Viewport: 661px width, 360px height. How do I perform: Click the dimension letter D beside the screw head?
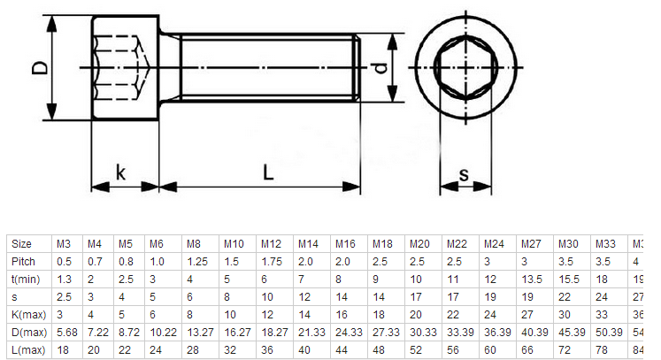(x=38, y=68)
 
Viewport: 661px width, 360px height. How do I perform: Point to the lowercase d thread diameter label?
(x=380, y=68)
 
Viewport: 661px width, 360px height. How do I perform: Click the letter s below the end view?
(x=465, y=174)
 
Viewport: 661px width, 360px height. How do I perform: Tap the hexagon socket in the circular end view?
(x=465, y=68)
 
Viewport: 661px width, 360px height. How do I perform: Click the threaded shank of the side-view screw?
(x=265, y=68)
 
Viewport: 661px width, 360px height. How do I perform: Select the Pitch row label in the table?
(x=24, y=262)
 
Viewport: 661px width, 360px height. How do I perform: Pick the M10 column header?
(x=234, y=244)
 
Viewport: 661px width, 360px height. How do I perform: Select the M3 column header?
(x=65, y=244)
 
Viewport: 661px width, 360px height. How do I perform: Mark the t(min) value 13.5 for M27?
(x=531, y=280)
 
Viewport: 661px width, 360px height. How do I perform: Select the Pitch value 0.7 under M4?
(x=95, y=262)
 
